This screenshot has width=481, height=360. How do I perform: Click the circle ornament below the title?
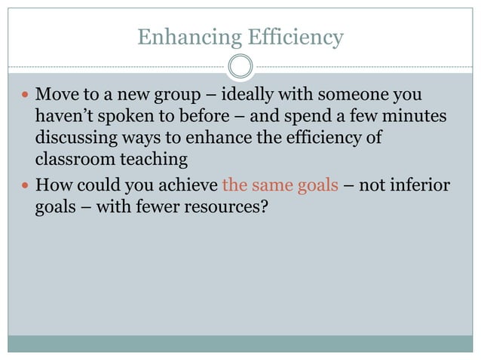240,67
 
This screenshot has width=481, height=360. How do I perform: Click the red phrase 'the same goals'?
280,185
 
